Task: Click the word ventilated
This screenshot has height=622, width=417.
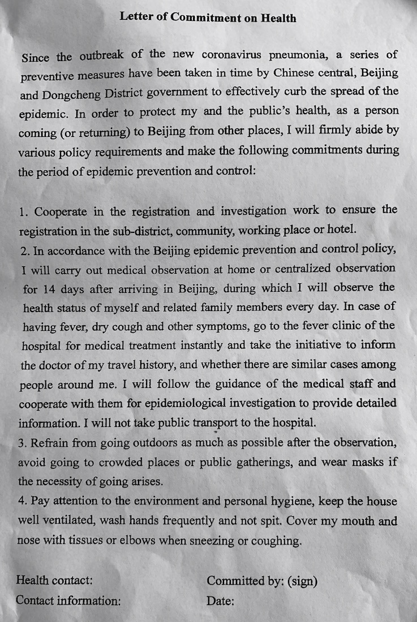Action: [x=70, y=521]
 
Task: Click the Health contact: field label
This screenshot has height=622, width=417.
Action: [x=54, y=580]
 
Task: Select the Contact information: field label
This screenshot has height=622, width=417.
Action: [x=68, y=600]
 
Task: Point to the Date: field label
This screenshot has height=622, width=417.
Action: [x=220, y=601]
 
